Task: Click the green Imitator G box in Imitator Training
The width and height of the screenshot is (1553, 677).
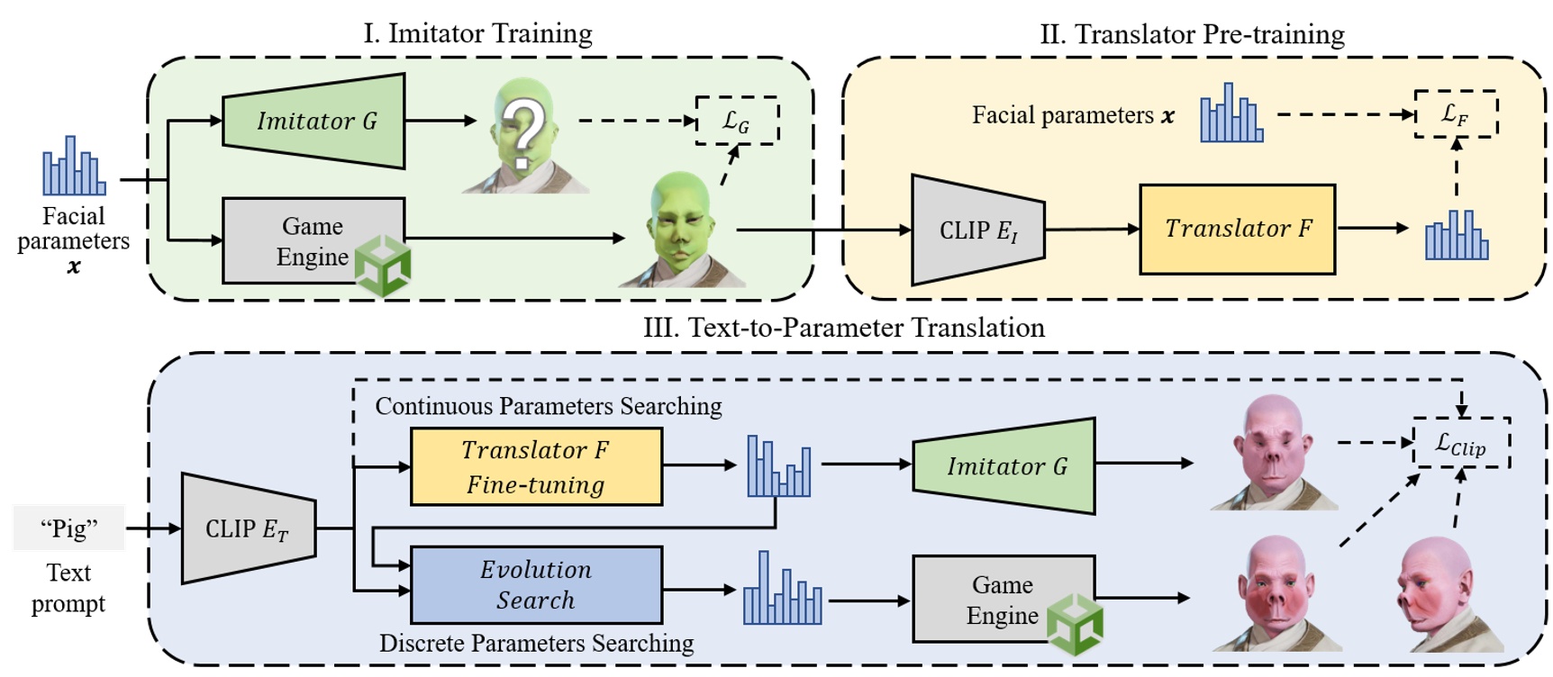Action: [x=314, y=121]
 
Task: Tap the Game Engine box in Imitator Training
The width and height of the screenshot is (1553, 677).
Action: [x=312, y=240]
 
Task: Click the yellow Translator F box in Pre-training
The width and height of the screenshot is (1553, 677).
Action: [x=1237, y=229]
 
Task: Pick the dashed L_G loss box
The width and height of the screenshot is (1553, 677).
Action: [x=736, y=121]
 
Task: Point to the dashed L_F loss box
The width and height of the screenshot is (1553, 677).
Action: [x=1455, y=113]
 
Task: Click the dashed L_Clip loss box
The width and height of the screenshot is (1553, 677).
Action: [x=1460, y=443]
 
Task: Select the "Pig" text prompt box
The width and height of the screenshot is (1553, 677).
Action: [x=68, y=528]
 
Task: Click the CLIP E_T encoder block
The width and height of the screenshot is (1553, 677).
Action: [x=249, y=528]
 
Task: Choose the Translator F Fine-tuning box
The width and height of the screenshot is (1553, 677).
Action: [x=536, y=466]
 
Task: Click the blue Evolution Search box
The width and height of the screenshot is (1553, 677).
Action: [x=536, y=585]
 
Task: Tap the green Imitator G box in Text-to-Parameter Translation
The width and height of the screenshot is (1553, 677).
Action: [x=1004, y=465]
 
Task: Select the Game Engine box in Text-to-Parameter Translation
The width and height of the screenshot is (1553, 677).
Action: [x=1003, y=600]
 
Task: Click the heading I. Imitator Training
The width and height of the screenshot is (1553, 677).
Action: [x=477, y=34]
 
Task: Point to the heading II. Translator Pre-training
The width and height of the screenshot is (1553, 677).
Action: [x=1192, y=34]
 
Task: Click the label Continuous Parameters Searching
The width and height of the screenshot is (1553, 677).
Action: [x=548, y=406]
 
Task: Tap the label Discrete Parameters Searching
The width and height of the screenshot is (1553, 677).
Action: [x=536, y=643]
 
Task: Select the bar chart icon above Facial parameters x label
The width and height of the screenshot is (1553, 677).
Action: [x=74, y=167]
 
